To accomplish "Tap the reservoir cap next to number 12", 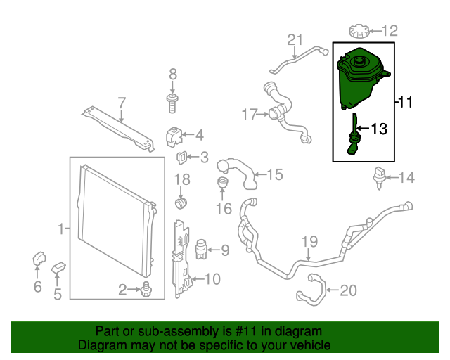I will pos(359,31).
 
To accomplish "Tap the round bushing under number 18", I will pos(181,204).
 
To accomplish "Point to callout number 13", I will pos(378,129).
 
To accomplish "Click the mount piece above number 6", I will pos(39,261).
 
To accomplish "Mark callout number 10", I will pos(212,280).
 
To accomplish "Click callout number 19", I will pos(310,243).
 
